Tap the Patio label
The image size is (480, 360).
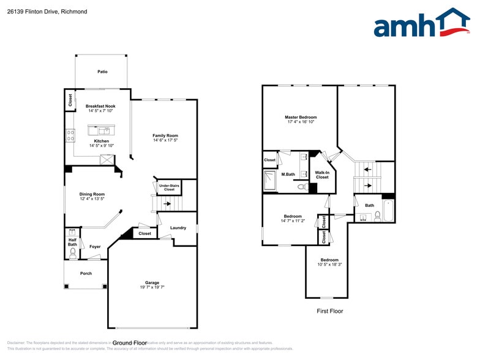pos(102,72)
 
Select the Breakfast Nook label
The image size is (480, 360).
pos(100,106)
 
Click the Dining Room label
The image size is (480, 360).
pos(92,194)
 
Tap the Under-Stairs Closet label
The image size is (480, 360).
pos(169,187)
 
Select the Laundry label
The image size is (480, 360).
pos(178,228)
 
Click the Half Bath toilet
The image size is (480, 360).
pos(73,251)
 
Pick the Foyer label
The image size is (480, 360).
pos(95,247)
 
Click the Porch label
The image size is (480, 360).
pos(86,273)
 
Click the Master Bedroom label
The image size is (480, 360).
pos(301,117)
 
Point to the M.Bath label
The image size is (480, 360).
pos(288,174)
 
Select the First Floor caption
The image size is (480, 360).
pos(329,311)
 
